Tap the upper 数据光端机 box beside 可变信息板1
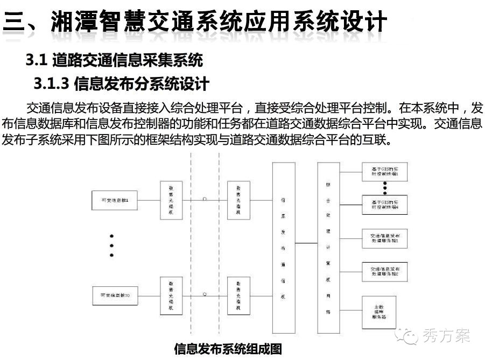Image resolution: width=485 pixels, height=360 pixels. (x=171, y=200)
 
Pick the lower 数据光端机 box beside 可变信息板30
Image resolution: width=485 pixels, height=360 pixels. (x=171, y=295)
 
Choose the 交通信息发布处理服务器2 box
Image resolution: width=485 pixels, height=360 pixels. (x=385, y=271)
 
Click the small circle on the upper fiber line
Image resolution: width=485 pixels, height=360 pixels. (x=205, y=199)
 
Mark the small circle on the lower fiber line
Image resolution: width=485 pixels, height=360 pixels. (x=205, y=294)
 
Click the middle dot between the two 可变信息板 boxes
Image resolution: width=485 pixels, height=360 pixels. (x=111, y=245)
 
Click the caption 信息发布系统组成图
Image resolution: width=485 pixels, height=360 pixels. (x=228, y=349)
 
